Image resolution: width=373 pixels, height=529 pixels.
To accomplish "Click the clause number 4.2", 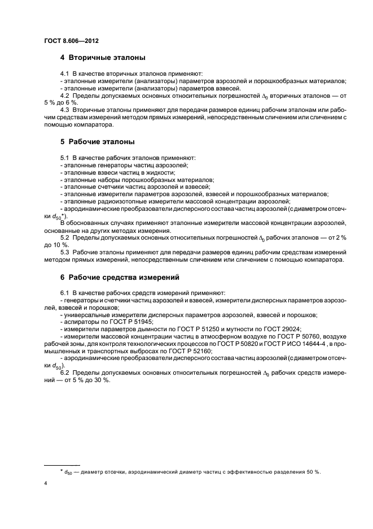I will click(x=65, y=96).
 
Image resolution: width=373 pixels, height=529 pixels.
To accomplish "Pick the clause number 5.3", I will click(x=65, y=252).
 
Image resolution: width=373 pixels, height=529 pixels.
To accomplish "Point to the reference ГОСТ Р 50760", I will click(x=282, y=336).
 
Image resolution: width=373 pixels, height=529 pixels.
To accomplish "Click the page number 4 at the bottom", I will click(x=46, y=484).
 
